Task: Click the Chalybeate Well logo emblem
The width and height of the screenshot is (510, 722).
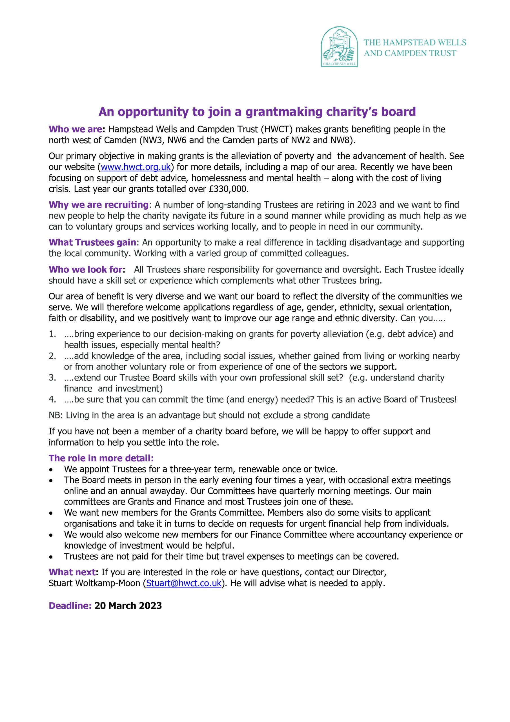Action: [339, 46]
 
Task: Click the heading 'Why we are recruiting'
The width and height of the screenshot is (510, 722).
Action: [98, 205]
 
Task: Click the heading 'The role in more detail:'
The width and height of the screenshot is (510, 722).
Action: [101, 458]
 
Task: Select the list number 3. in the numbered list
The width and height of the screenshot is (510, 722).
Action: [52, 377]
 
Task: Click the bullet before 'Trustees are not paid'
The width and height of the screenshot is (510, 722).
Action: [51, 557]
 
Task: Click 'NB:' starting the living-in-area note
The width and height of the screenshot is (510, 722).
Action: [56, 415]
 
